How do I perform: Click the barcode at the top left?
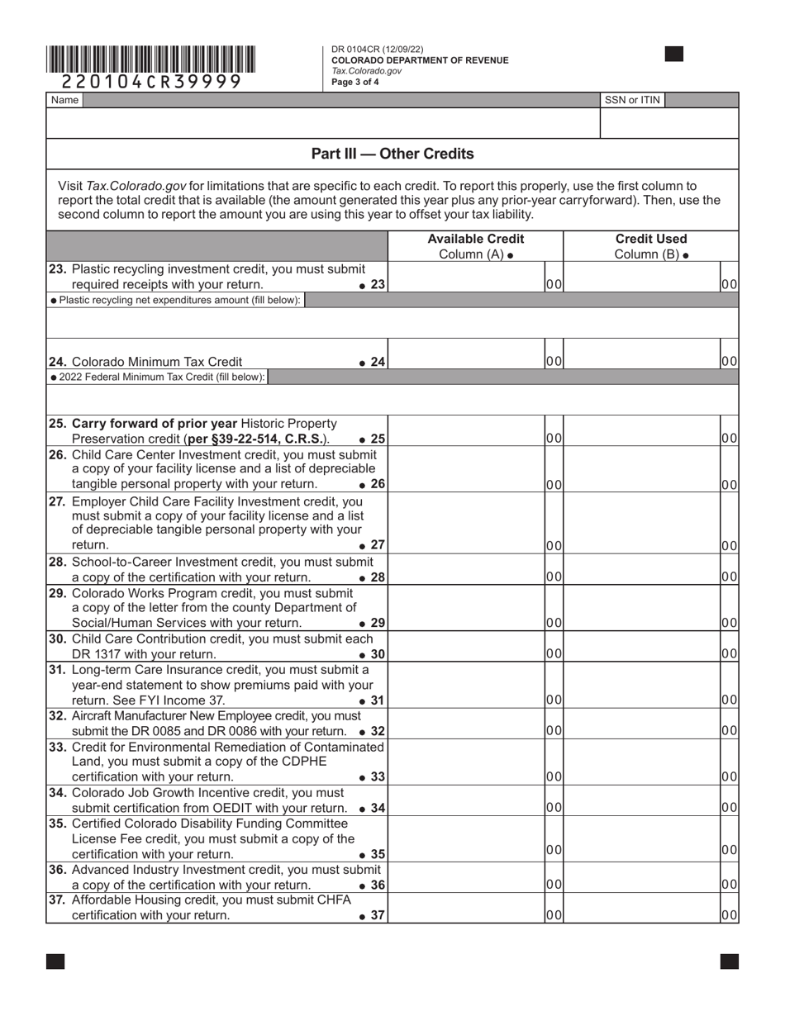150,59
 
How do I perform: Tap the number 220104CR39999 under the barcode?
151,81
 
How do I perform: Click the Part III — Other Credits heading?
392,154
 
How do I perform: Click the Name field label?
64,100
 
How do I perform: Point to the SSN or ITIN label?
632,100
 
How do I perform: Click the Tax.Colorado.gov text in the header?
366,71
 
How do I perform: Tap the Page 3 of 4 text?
355,82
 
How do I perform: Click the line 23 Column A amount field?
465,278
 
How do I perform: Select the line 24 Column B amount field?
641,355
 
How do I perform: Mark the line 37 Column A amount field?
465,909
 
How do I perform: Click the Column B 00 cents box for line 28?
729,577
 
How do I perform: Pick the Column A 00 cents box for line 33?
554,776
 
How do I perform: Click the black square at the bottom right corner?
729,961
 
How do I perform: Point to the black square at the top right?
674,55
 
